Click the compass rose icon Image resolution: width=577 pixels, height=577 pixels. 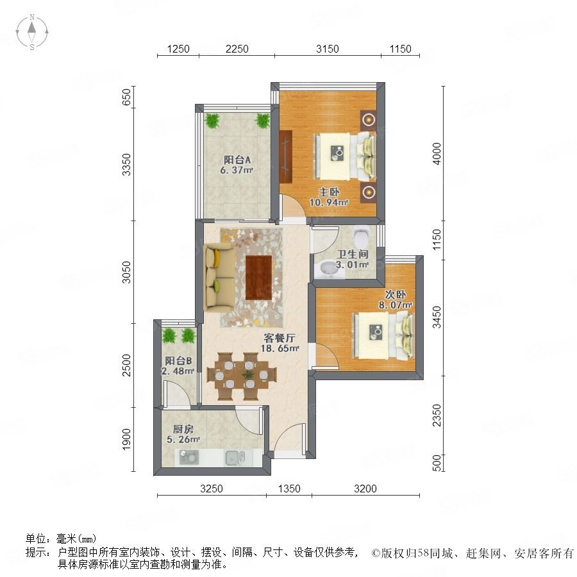pos(32,32)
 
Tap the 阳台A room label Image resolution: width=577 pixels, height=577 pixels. pos(237,160)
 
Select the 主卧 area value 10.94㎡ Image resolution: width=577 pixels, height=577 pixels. pos(329,202)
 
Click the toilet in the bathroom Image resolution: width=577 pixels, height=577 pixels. pos(361,237)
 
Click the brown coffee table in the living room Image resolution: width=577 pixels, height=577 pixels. pos(259,278)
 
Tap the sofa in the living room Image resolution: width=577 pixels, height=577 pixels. pos(220,278)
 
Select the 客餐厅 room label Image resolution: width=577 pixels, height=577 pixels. pos(280,337)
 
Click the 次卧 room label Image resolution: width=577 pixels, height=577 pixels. pos(395,294)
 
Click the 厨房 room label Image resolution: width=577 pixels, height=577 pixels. pos(183,429)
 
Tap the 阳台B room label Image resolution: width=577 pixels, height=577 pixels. pos(178,360)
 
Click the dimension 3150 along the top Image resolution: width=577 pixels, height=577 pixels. pos(327,49)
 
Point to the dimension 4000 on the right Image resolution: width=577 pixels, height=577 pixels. pos(437,153)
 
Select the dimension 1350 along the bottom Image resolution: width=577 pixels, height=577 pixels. pos(289,489)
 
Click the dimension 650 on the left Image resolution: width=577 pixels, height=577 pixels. pos(126,97)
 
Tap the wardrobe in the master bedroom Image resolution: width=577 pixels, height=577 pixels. pos(285,156)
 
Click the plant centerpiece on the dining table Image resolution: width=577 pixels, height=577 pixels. pos(248,375)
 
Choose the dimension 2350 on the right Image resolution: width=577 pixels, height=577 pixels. pos(437,415)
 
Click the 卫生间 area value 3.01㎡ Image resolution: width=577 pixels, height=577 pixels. pos(352,265)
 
